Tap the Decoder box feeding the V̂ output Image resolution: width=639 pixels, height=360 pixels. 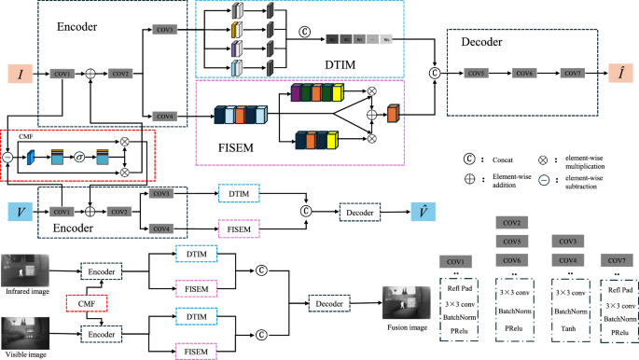tap(359, 213)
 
